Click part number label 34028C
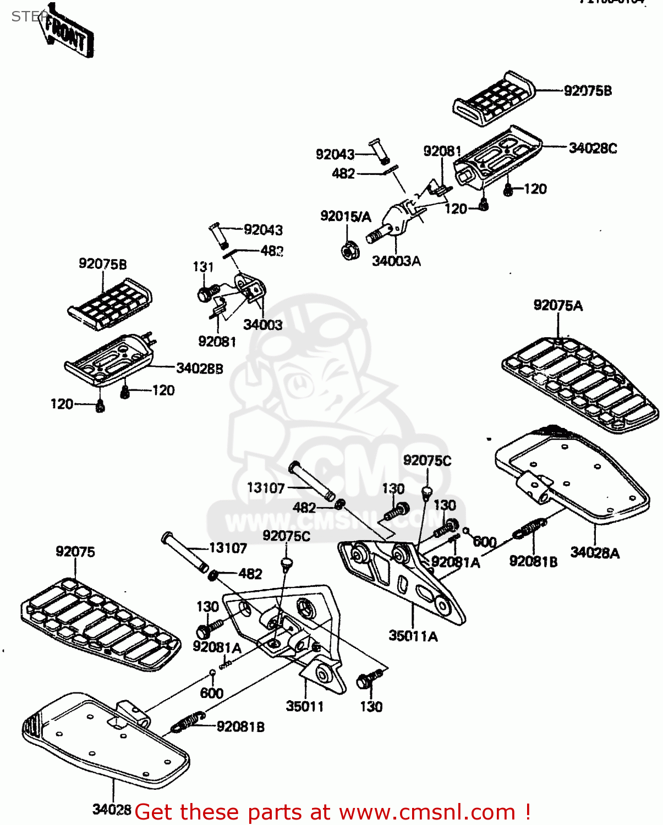[593, 148]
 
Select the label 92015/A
[346, 216]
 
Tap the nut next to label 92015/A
[348, 251]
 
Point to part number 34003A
[396, 261]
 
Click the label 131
[203, 267]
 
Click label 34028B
[199, 369]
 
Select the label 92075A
[557, 305]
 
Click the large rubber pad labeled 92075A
[580, 384]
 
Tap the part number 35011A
[413, 636]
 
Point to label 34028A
[595, 552]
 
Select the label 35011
[304, 706]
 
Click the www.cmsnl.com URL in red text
[426, 812]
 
